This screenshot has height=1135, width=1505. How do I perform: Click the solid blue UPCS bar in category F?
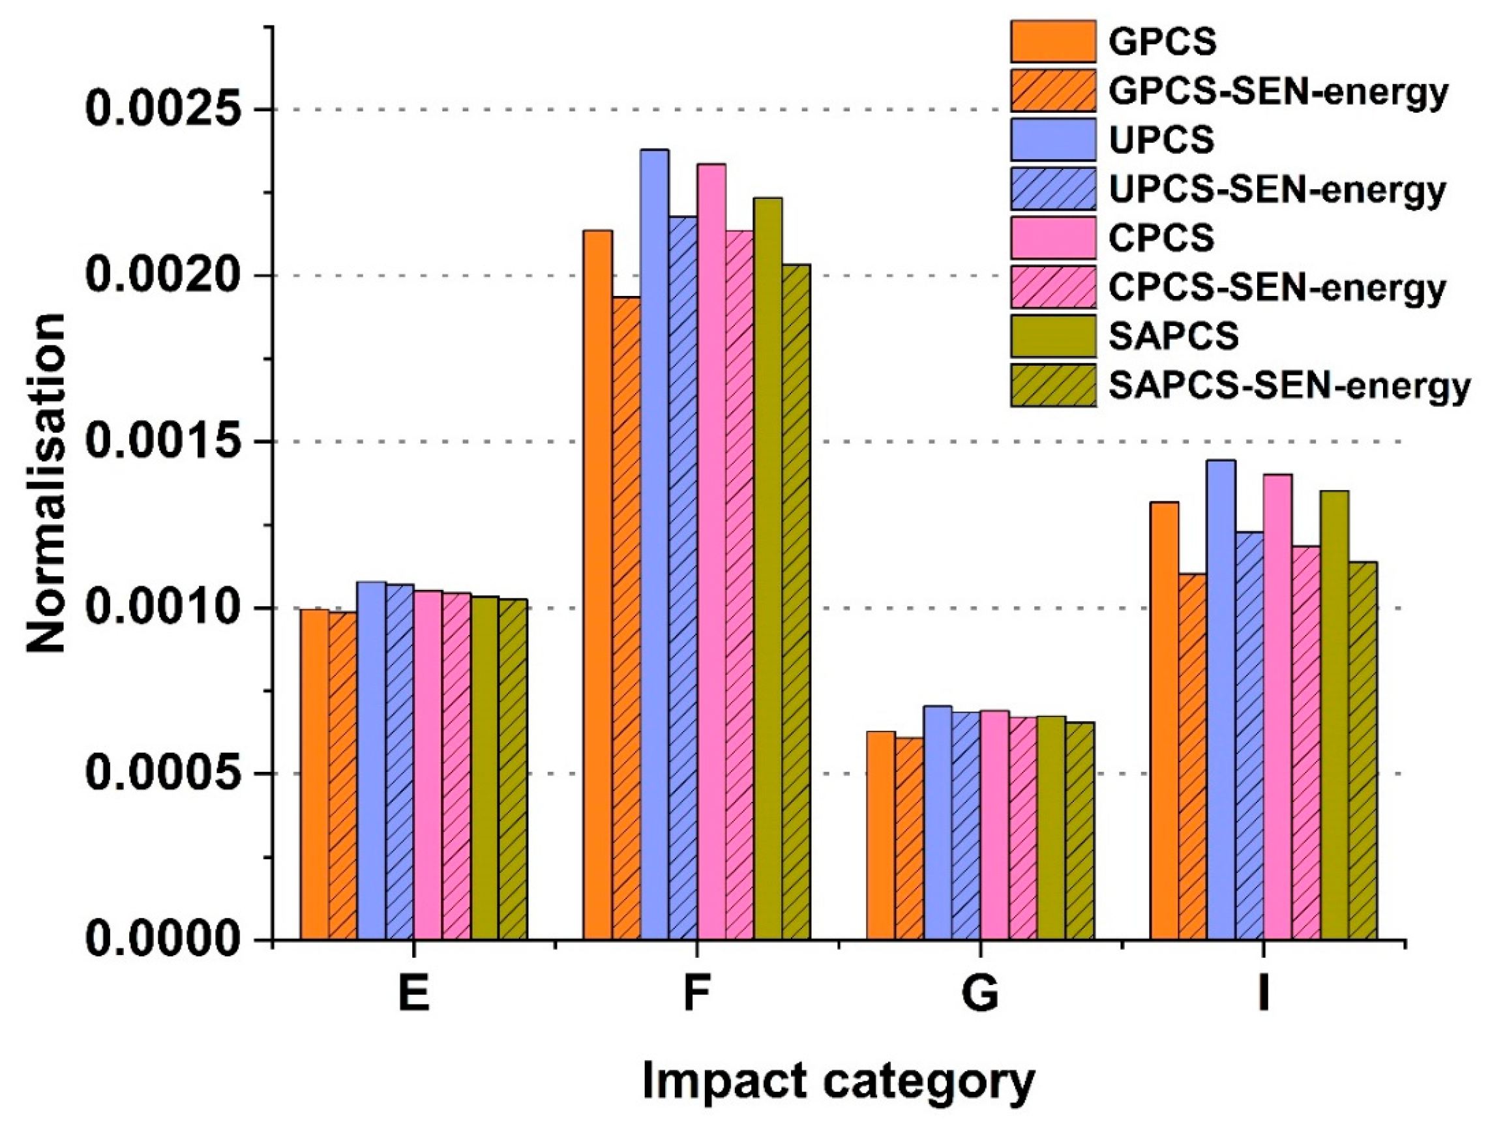pyautogui.click(x=654, y=544)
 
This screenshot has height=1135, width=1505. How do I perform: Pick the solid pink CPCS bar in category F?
pyautogui.click(x=711, y=551)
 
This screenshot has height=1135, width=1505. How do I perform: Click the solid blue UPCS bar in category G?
pyautogui.click(x=938, y=822)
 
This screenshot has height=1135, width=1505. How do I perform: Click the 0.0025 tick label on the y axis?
pyautogui.click(x=165, y=110)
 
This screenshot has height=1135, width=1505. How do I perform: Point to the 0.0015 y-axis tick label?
pyautogui.click(x=165, y=442)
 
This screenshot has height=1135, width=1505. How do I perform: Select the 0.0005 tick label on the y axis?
pyautogui.click(x=165, y=774)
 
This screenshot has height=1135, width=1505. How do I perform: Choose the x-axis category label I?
pyautogui.click(x=1264, y=994)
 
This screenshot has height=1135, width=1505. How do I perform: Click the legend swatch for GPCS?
pyautogui.click(x=1053, y=42)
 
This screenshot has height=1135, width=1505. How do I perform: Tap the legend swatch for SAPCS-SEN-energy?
pyautogui.click(x=1053, y=385)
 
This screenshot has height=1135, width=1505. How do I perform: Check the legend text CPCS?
pyautogui.click(x=1162, y=237)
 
